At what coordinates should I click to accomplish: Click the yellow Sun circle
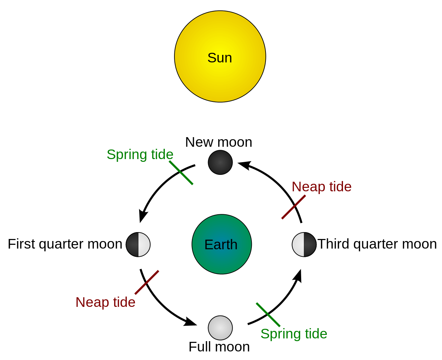tap(220, 57)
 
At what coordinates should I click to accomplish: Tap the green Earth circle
tap(221, 244)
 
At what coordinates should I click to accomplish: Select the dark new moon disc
tap(220, 162)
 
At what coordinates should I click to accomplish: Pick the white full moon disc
tap(220, 328)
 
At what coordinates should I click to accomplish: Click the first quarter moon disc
tap(138, 244)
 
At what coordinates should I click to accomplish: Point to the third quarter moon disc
tap(304, 244)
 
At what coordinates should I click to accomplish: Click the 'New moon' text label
tap(219, 142)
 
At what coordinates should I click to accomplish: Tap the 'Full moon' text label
tap(219, 347)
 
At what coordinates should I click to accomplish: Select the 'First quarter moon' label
tap(65, 244)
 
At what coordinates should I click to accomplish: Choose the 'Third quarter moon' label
tap(377, 244)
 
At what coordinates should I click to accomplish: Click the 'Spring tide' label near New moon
tap(140, 154)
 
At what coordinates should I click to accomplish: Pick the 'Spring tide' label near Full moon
tap(294, 334)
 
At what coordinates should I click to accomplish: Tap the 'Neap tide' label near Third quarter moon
tap(321, 187)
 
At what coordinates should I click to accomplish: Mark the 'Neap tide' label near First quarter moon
tap(105, 302)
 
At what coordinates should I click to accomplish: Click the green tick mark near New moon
tap(181, 173)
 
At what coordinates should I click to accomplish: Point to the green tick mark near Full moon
tap(268, 315)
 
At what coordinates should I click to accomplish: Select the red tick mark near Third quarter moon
tap(293, 207)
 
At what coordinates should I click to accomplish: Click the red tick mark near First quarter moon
tap(147, 282)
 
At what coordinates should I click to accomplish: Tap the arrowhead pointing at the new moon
tap(244, 165)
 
